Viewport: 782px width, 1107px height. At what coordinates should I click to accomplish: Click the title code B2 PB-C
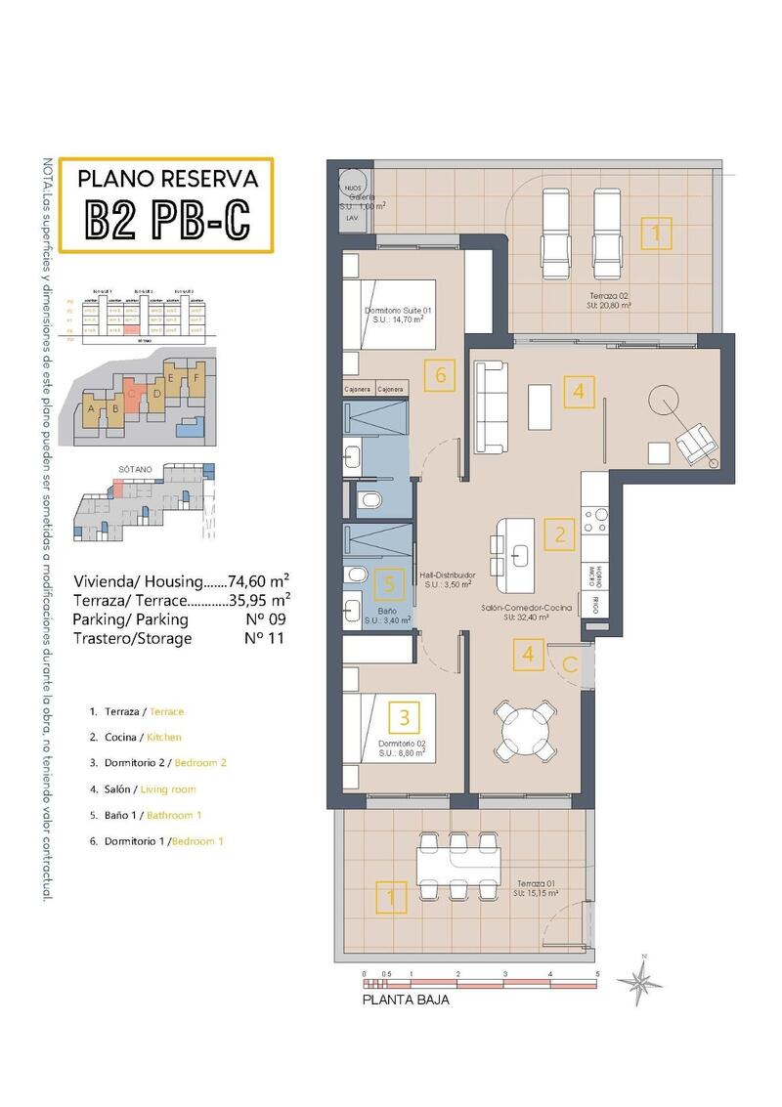click(x=167, y=220)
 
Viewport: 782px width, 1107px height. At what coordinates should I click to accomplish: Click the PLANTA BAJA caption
click(x=407, y=1000)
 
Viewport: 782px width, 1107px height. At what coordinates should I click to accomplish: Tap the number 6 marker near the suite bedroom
click(x=441, y=372)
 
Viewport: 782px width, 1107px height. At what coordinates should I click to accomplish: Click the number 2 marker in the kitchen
click(x=560, y=533)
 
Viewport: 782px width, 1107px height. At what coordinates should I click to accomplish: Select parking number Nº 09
click(x=258, y=618)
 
